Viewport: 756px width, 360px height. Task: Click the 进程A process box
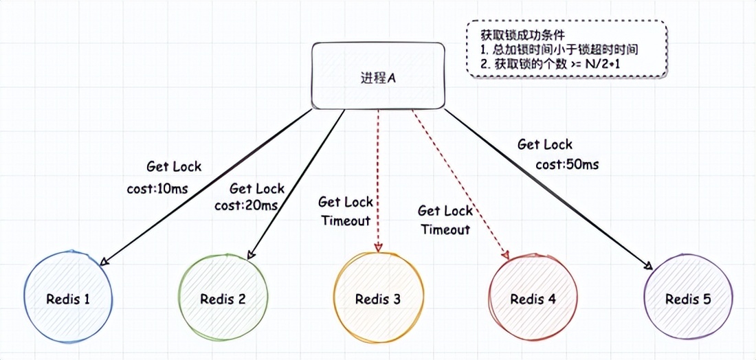pyautogui.click(x=377, y=76)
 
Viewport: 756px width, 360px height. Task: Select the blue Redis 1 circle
pyautogui.click(x=68, y=299)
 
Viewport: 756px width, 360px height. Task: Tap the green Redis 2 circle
pyautogui.click(x=223, y=299)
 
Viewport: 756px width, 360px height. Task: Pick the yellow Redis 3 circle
pyautogui.click(x=377, y=299)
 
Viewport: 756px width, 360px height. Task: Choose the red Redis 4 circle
pyautogui.click(x=533, y=299)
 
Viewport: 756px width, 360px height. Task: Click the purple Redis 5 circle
pyautogui.click(x=688, y=299)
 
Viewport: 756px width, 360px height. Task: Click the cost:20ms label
pyautogui.click(x=246, y=205)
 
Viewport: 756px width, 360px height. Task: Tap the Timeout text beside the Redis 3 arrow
pyautogui.click(x=346, y=221)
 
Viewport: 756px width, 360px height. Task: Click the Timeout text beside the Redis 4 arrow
pyautogui.click(x=445, y=229)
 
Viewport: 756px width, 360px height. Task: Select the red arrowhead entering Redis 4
pyautogui.click(x=507, y=254)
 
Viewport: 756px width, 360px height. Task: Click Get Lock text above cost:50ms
pyautogui.click(x=544, y=145)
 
